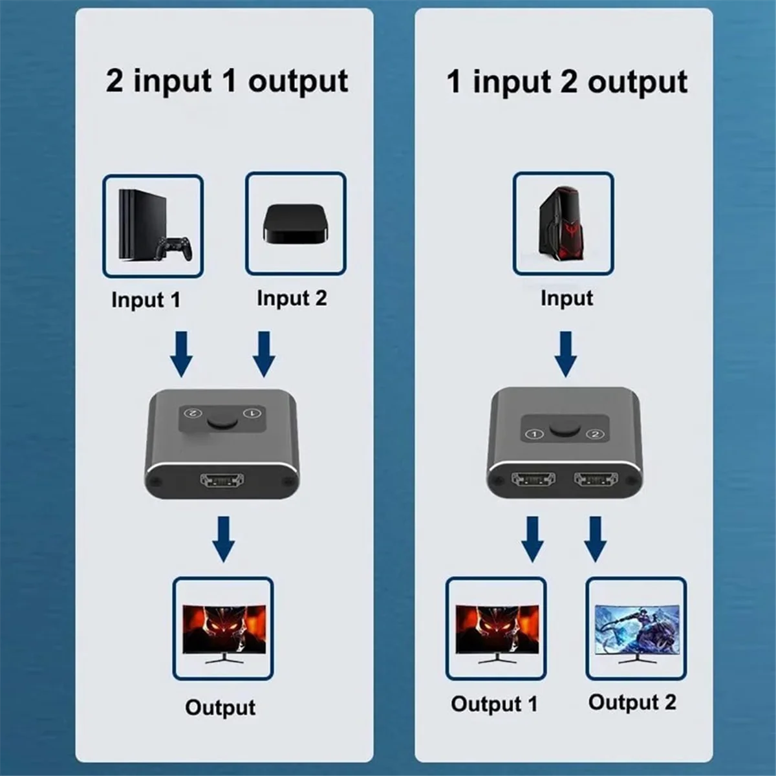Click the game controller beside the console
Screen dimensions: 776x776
tap(177, 249)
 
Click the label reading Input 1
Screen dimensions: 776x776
tap(145, 300)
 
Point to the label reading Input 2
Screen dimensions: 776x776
tap(292, 298)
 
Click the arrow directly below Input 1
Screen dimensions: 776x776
tap(182, 354)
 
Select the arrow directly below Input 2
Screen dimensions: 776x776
tap(263, 354)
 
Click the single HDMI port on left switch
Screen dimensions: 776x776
tap(222, 480)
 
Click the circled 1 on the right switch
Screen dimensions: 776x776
tap(534, 434)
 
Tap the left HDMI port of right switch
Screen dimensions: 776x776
tap(533, 479)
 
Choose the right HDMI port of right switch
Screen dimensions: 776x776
tap(596, 479)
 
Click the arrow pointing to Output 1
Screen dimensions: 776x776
tap(532, 538)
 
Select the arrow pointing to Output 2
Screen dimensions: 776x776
tap(595, 538)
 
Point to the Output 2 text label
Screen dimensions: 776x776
tap(632, 702)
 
